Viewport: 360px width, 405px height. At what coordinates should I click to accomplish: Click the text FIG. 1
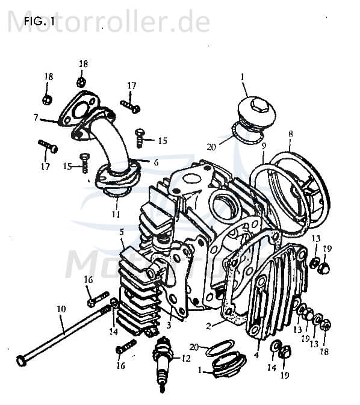coord(38,22)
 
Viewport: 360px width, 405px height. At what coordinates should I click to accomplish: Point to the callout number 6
coord(157,162)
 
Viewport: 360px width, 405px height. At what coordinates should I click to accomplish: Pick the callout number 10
coord(61,309)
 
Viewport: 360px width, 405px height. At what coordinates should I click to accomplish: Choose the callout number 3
coord(169,325)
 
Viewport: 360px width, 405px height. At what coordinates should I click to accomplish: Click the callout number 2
coord(208,327)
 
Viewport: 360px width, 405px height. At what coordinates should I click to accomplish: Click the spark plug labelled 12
coord(163,364)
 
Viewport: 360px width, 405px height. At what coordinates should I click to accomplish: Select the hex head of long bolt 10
coord(22,360)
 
